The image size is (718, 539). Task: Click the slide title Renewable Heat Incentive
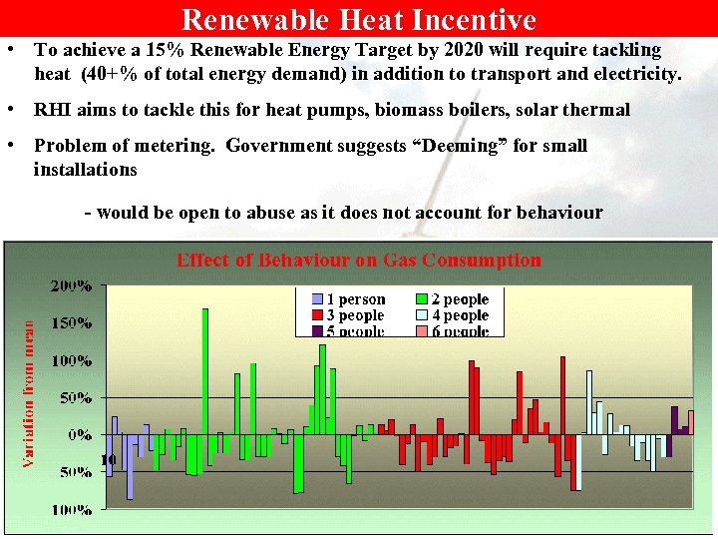point(359,19)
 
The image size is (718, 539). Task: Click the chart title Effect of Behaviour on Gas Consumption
point(359,261)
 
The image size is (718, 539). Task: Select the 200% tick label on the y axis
point(73,286)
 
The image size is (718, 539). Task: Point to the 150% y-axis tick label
point(73,323)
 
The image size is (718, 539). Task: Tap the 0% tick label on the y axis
point(80,435)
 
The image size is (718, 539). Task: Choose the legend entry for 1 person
point(350,299)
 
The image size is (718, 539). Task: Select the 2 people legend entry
point(453,299)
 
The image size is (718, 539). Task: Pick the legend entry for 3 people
point(350,315)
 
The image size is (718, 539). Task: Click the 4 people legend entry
point(453,315)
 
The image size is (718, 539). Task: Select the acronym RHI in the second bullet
point(51,110)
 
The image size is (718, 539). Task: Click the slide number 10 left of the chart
point(110,459)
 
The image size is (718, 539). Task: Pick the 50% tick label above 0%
point(77,398)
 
